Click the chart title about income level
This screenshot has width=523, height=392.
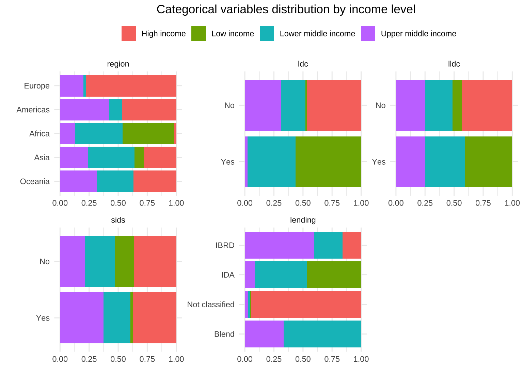click(x=286, y=10)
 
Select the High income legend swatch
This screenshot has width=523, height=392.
click(x=129, y=34)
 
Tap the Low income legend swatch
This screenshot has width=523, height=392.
click(x=199, y=34)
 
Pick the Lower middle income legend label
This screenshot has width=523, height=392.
click(x=317, y=34)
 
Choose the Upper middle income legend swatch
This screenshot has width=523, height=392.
click(x=368, y=34)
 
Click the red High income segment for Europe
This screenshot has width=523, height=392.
click(x=131, y=86)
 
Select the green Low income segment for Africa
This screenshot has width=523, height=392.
click(x=148, y=133)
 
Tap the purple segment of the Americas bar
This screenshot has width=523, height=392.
click(x=84, y=110)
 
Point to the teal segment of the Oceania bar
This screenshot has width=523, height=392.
click(x=115, y=181)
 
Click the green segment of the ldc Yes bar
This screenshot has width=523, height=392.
click(x=328, y=162)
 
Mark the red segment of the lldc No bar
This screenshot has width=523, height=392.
click(x=487, y=105)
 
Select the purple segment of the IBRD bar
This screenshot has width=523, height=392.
click(x=279, y=245)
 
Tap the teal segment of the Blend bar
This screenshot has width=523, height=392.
click(x=322, y=334)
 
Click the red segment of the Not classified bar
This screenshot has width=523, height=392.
click(x=306, y=304)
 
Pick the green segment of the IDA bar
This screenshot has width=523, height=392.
click(x=334, y=275)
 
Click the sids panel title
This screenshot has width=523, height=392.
click(x=118, y=220)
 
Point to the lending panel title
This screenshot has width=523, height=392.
click(x=303, y=220)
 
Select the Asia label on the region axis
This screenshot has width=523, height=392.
click(x=42, y=158)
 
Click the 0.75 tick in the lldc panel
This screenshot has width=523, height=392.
click(x=483, y=203)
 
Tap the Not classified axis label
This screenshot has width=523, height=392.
click(x=211, y=305)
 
